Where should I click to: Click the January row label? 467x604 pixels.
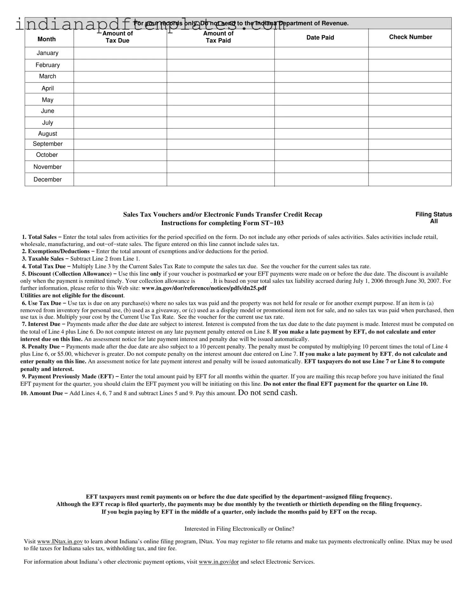tap(47, 53)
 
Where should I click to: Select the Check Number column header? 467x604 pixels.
tap(410, 37)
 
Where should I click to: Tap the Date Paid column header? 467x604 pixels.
tap(320, 37)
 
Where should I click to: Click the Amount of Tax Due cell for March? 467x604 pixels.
tap(120, 77)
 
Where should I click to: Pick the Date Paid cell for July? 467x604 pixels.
tap(321, 123)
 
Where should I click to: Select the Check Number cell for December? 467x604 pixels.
tap(409, 179)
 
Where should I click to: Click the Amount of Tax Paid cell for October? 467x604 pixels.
tap(220, 155)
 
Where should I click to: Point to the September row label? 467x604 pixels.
tap(48, 144)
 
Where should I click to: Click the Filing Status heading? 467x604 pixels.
tap(433, 215)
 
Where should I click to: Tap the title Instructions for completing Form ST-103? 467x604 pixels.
tap(222, 223)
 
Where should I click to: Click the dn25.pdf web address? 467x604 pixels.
tap(204, 288)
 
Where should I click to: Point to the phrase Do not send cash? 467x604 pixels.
tap(267, 393)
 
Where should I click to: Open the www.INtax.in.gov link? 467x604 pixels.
tap(60, 541)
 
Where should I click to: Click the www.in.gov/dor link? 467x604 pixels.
tap(219, 562)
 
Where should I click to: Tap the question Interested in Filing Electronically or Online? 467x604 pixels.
tap(239, 529)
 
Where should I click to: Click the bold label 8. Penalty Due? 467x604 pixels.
tap(43, 347)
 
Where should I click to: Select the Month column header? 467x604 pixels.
tap(46, 39)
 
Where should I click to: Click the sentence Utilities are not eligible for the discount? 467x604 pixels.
tap(72, 295)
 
